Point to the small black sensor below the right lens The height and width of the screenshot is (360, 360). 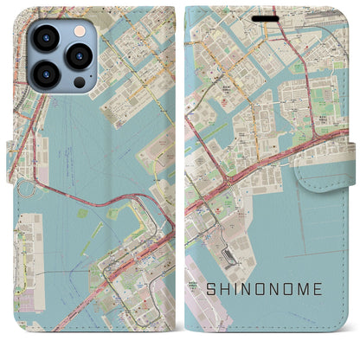coord(80,80)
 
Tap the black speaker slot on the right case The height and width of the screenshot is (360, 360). coord(267,16)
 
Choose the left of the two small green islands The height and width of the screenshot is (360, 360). coord(82,211)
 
